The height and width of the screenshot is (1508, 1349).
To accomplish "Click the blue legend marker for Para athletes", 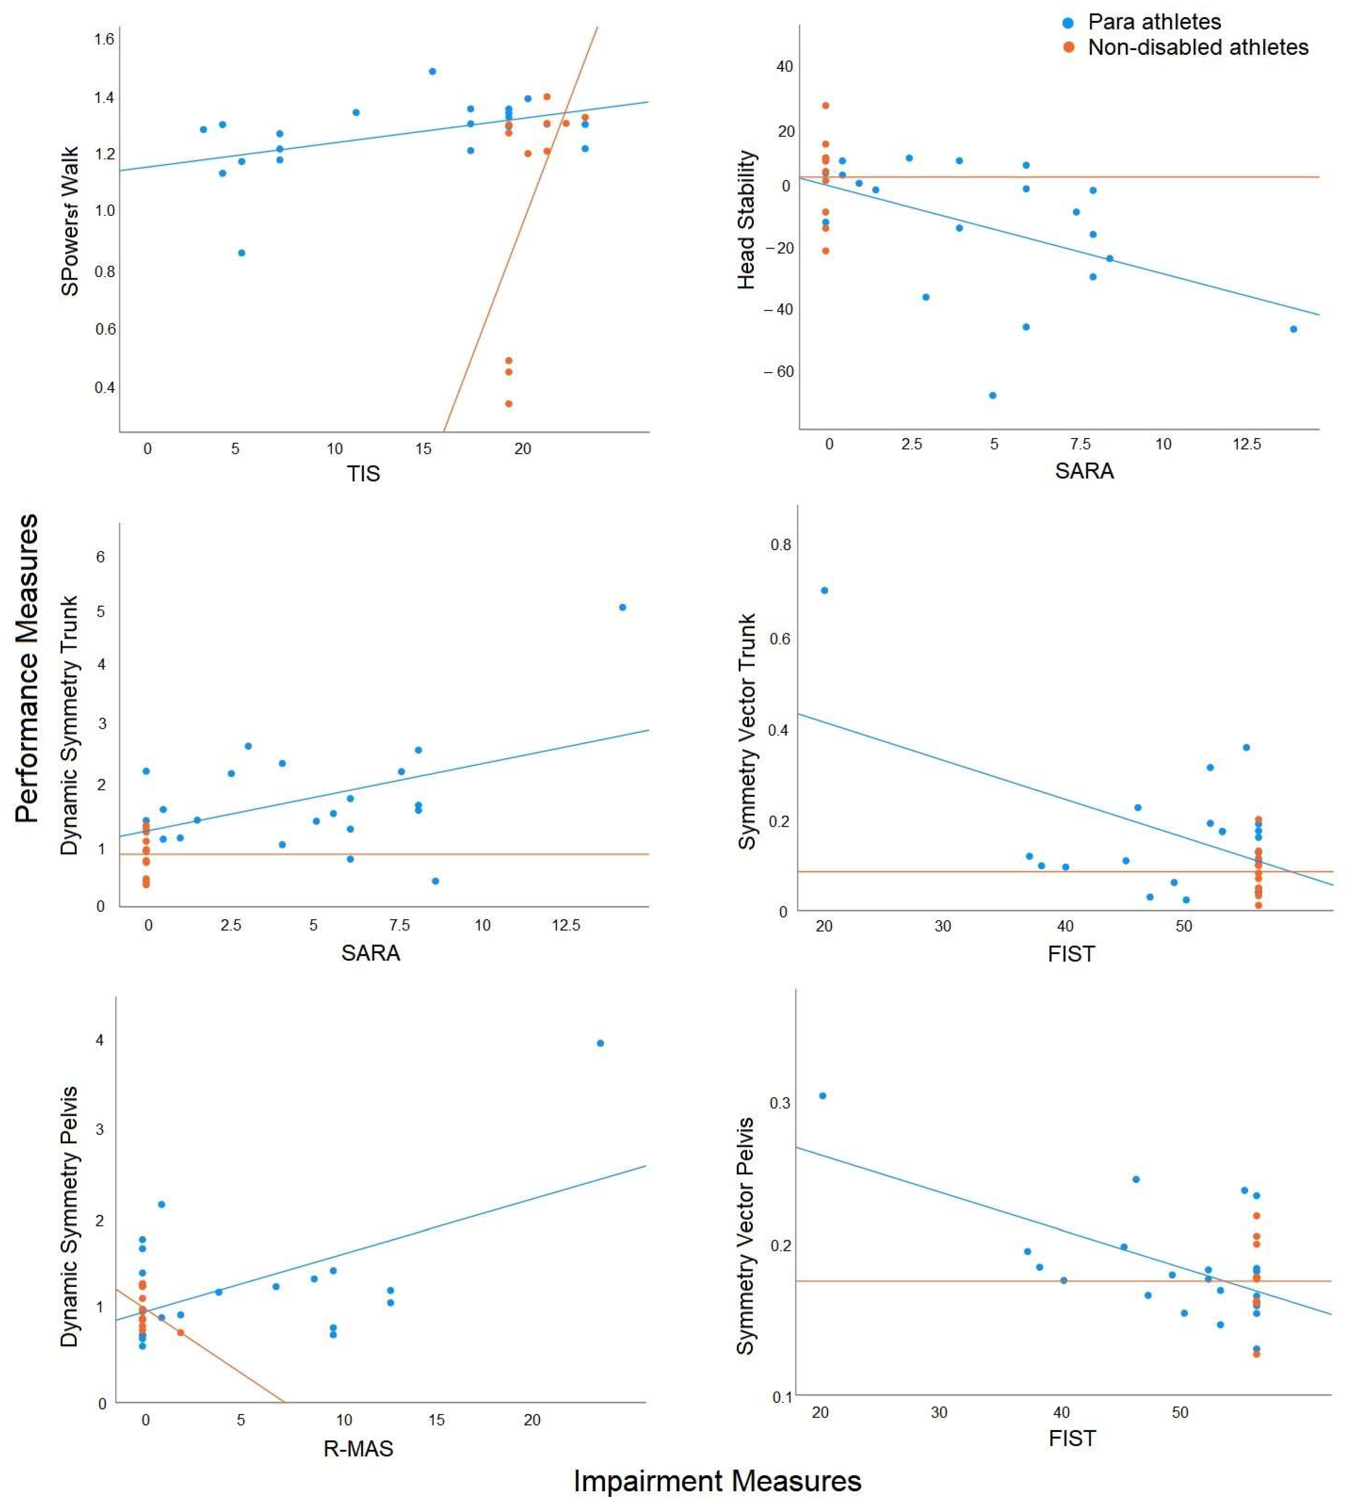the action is pyautogui.click(x=1068, y=23).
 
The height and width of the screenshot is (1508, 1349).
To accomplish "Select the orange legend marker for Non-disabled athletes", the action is pyautogui.click(x=1068, y=48).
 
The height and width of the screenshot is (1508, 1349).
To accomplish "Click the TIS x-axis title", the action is pyautogui.click(x=363, y=474).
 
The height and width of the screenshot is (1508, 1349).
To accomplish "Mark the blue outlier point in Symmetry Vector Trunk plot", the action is pyautogui.click(x=824, y=591).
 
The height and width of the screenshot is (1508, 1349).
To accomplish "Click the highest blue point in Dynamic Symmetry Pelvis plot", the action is pyautogui.click(x=600, y=1043).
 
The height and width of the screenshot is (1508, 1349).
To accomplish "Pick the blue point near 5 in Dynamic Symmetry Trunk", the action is pyautogui.click(x=623, y=607).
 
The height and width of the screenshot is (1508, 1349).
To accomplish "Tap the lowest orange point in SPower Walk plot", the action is pyautogui.click(x=508, y=404).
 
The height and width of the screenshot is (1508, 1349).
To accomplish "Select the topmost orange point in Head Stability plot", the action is pyautogui.click(x=826, y=106).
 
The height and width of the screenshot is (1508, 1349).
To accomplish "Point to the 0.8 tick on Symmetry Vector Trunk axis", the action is pyautogui.click(x=781, y=545).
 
